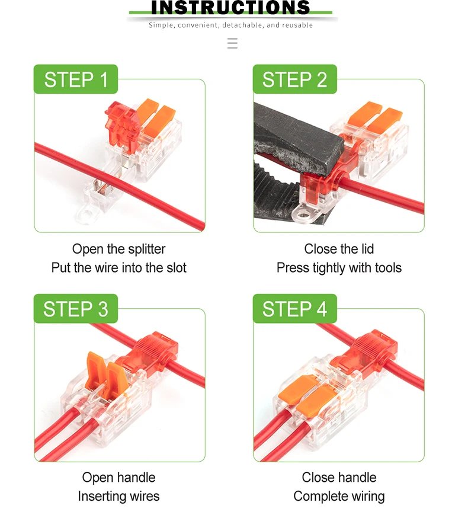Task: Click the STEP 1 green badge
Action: pos(76,79)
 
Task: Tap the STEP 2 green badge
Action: pos(294,79)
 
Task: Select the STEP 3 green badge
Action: pos(76,309)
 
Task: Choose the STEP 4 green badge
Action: pos(294,309)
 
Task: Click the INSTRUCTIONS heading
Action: pos(230,8)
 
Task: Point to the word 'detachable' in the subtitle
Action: pos(243,25)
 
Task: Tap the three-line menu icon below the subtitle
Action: pos(232,43)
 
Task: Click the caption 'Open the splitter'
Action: pos(118,249)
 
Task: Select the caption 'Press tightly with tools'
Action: pos(339,268)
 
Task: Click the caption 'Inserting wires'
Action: pos(118,496)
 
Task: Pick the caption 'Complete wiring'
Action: pos(339,496)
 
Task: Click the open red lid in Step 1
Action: pos(121,119)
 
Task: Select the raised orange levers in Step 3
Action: pos(104,370)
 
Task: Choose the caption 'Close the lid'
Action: pos(339,249)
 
